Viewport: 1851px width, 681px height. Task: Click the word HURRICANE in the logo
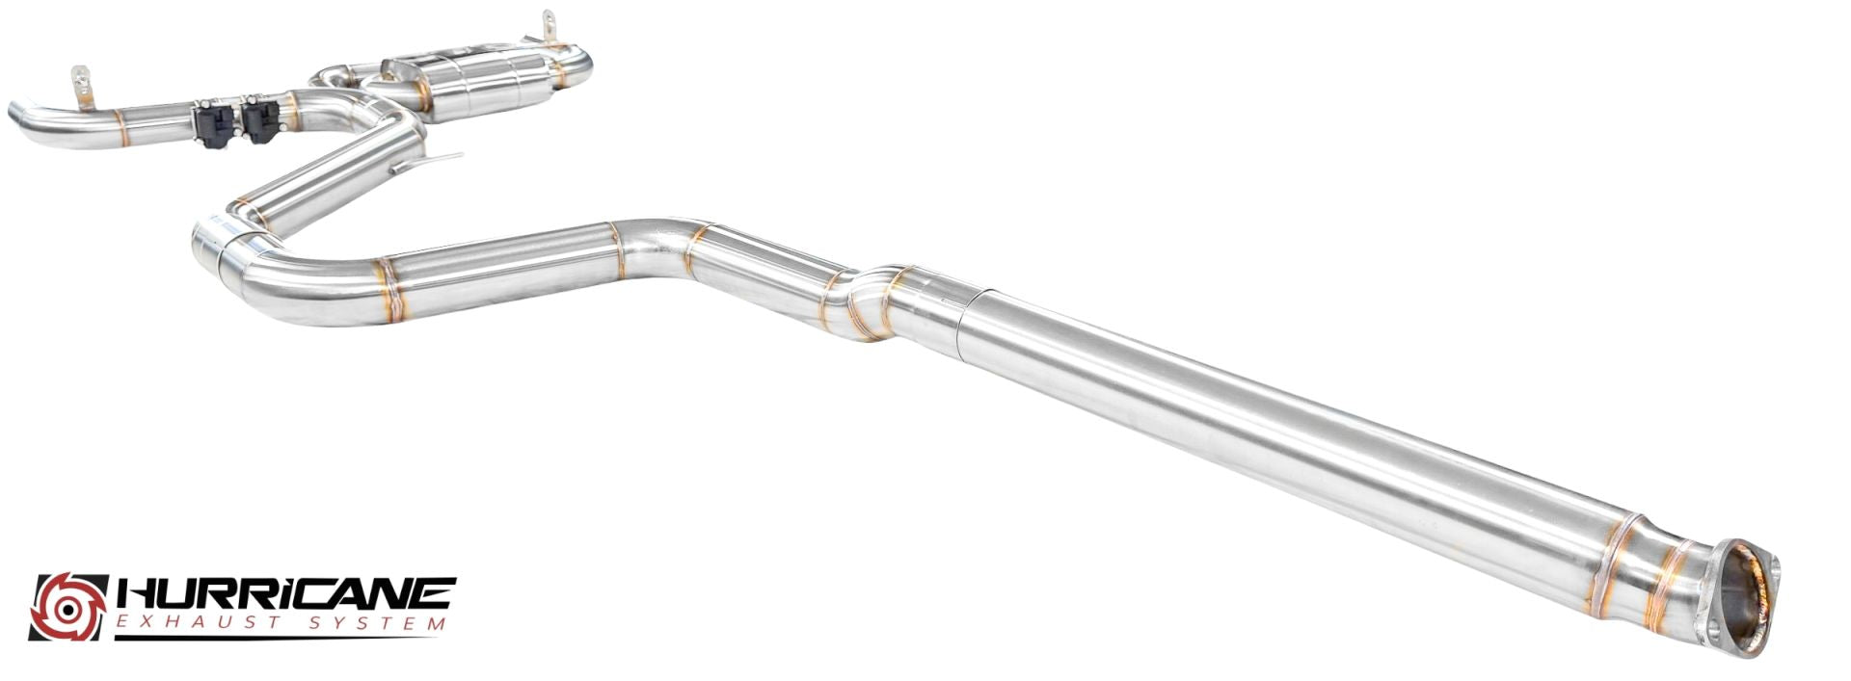coord(285,592)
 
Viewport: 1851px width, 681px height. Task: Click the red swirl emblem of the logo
coord(68,607)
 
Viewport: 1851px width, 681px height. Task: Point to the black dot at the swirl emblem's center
coord(68,608)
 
